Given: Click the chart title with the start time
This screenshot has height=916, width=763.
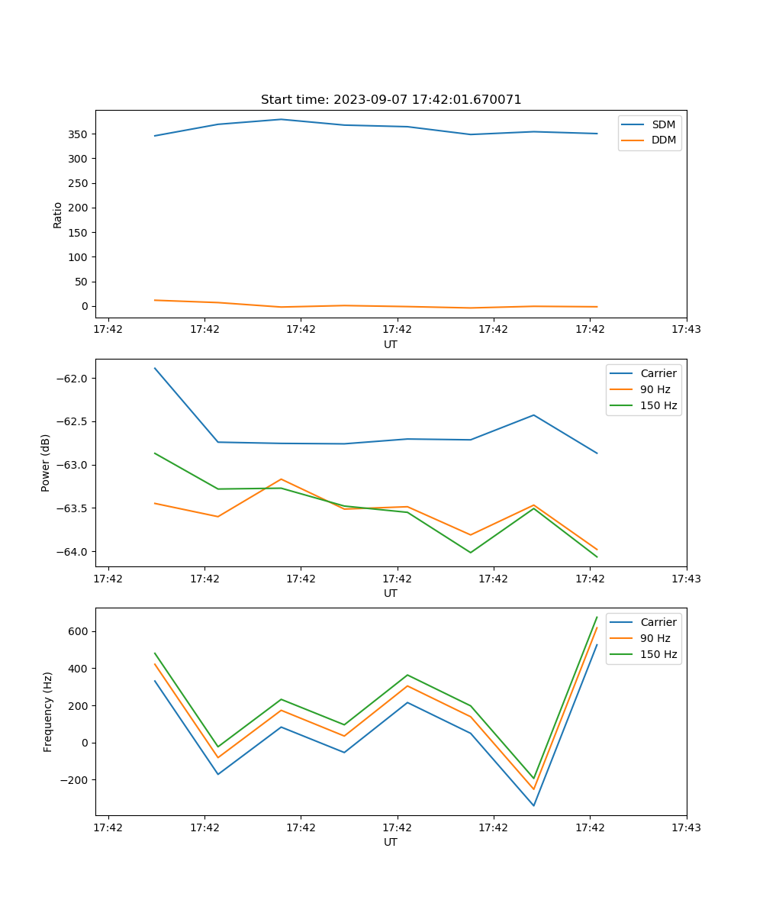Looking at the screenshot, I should (x=391, y=100).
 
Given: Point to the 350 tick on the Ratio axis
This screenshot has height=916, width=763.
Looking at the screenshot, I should (x=81, y=134).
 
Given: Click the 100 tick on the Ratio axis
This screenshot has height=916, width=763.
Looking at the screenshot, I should (x=81, y=257).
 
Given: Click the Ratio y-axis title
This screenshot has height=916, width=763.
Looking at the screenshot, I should (x=58, y=214).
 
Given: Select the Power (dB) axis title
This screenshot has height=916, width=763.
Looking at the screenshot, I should (x=46, y=463).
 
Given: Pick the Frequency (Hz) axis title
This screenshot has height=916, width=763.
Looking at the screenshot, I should (x=48, y=711).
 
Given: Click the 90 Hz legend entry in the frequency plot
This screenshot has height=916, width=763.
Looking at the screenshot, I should (x=655, y=638).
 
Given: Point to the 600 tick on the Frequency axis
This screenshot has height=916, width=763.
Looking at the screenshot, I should (x=81, y=631).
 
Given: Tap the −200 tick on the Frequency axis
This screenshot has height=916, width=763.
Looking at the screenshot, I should (x=77, y=780).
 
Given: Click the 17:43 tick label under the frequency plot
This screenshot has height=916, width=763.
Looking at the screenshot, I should (x=686, y=827).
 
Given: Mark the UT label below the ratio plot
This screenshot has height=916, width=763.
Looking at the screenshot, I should (x=391, y=344).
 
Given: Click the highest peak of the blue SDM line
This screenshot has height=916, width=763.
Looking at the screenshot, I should (x=281, y=119).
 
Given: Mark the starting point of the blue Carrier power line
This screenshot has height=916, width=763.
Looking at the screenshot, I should (x=155, y=368).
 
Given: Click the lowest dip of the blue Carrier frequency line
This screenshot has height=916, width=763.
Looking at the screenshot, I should (x=533, y=805).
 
